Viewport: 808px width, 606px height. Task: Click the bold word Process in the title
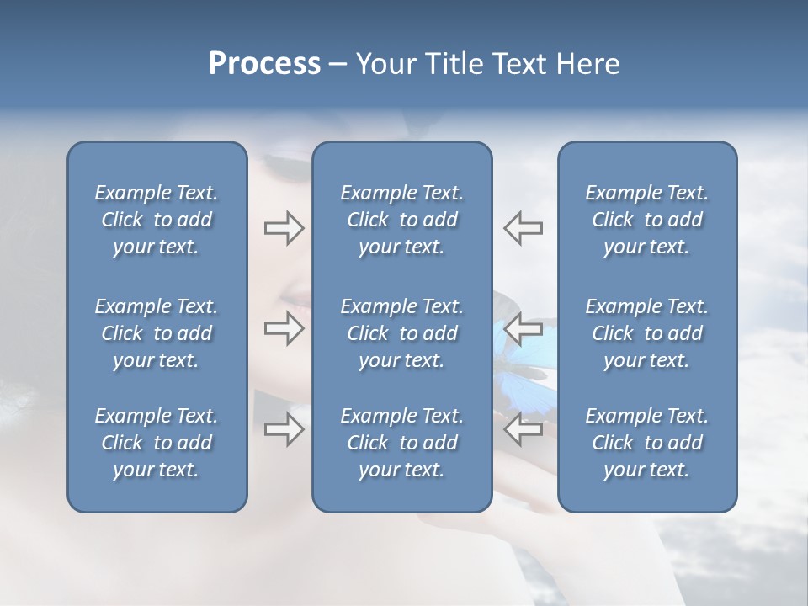[264, 64]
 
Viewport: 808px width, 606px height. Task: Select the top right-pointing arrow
[284, 228]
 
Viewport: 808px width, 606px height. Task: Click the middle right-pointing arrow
[284, 328]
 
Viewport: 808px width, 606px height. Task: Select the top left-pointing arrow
[524, 228]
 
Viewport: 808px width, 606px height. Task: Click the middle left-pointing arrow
[524, 328]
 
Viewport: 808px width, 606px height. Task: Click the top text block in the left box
[157, 220]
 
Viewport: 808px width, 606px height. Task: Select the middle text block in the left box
[157, 333]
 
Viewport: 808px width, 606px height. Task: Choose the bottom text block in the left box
[157, 443]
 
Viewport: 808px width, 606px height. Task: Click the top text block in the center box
[401, 220]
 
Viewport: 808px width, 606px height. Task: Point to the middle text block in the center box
[401, 333]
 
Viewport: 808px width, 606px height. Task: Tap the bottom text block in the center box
[401, 443]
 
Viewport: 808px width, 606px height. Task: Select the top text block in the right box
[646, 220]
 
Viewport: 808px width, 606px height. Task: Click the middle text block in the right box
[646, 333]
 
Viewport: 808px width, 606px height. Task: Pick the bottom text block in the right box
[646, 443]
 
